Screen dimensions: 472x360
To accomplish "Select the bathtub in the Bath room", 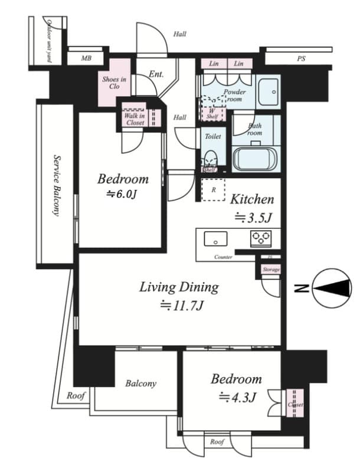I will click(256, 159).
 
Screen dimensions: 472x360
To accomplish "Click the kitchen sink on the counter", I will click(215, 239).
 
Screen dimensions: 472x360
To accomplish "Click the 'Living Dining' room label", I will click(179, 287).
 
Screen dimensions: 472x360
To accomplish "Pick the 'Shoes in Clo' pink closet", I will click(114, 83).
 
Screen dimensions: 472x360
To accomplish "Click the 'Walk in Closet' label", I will click(134, 119).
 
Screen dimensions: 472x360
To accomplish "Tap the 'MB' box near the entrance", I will click(86, 58).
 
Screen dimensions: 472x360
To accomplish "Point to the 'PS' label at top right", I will click(301, 59).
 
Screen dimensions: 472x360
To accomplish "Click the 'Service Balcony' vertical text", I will click(57, 185).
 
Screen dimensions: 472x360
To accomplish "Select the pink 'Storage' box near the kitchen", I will click(271, 269).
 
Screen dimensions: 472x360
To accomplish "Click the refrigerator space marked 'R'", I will click(212, 190).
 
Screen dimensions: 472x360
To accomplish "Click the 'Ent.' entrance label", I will click(156, 74).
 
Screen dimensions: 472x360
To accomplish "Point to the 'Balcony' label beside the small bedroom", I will click(140, 383).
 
